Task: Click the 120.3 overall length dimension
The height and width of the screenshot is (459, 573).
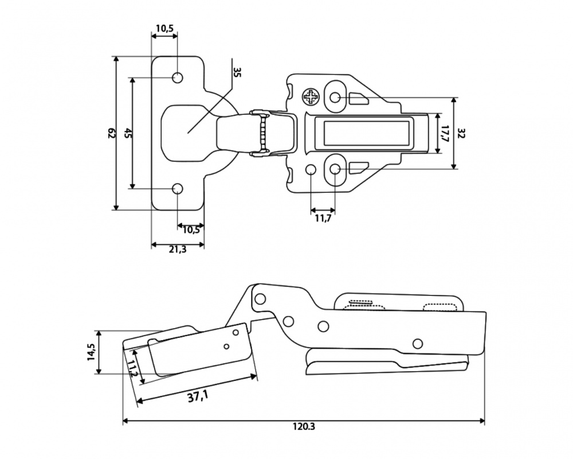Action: click(x=304, y=426)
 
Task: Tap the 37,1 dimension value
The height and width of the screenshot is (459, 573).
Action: click(x=198, y=396)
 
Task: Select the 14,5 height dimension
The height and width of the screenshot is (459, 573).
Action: click(x=91, y=352)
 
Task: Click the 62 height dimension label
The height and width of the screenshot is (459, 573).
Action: click(x=112, y=134)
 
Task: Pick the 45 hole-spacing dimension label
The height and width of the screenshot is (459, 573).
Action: click(x=128, y=133)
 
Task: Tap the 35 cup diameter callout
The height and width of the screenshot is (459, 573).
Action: click(x=237, y=72)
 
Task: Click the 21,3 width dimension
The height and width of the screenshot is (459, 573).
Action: click(x=178, y=250)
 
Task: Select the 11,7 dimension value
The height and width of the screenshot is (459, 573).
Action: click(x=323, y=219)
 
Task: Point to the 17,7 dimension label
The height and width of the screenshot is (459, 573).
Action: click(x=445, y=134)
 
